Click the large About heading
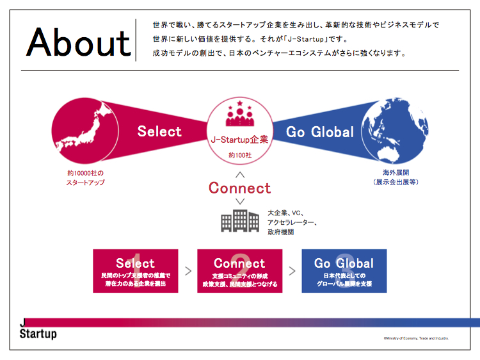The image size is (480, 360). pyautogui.click(x=79, y=42)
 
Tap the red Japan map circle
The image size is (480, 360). pyautogui.click(x=85, y=131)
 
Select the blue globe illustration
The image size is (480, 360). pyautogui.click(x=395, y=131)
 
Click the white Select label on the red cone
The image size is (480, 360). pyautogui.click(x=159, y=131)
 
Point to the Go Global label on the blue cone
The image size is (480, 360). pyautogui.click(x=320, y=132)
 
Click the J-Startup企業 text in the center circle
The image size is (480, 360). pyautogui.click(x=240, y=140)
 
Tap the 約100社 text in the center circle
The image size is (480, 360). pyautogui.click(x=240, y=155)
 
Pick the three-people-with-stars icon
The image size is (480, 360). pyautogui.click(x=240, y=113)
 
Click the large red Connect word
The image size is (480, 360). pyautogui.click(x=240, y=188)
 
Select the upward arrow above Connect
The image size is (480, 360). pyautogui.click(x=240, y=175)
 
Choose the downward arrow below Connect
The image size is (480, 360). pyautogui.click(x=240, y=201)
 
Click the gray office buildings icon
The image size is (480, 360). pyautogui.click(x=240, y=220)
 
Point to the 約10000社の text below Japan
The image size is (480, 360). pyautogui.click(x=85, y=173)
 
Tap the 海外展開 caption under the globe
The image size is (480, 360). pyautogui.click(x=396, y=172)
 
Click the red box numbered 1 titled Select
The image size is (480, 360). pyautogui.click(x=136, y=271)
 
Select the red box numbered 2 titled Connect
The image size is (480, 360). pyautogui.click(x=240, y=271)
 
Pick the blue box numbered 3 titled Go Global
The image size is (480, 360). pyautogui.click(x=344, y=271)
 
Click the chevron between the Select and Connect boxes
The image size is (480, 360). pyautogui.click(x=188, y=271)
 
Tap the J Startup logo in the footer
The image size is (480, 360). pyautogui.click(x=38, y=329)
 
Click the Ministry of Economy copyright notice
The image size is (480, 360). pyautogui.click(x=416, y=338)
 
